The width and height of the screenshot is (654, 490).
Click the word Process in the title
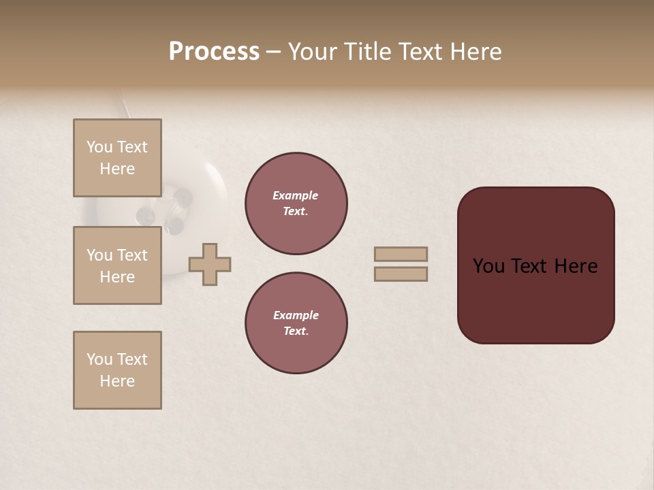click(x=214, y=51)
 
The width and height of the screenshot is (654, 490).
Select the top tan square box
click(x=117, y=158)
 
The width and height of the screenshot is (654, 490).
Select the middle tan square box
click(x=117, y=265)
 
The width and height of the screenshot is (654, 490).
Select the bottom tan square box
click(x=117, y=370)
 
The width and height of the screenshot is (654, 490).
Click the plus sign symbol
click(x=210, y=264)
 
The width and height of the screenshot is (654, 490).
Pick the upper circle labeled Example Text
click(x=296, y=203)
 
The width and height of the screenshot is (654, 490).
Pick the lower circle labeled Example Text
click(x=296, y=323)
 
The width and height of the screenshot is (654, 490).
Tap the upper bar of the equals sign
click(x=401, y=254)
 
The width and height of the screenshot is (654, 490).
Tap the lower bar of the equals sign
click(x=401, y=274)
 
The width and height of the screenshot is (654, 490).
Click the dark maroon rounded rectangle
click(x=535, y=299)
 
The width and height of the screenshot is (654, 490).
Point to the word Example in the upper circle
click(x=296, y=196)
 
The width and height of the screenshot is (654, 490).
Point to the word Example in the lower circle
click(x=296, y=316)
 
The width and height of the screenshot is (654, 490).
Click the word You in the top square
click(x=99, y=147)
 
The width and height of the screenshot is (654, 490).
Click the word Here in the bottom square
click(x=117, y=381)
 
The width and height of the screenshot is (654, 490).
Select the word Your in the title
click(x=312, y=51)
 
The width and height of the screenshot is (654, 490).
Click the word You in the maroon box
click(x=488, y=266)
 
